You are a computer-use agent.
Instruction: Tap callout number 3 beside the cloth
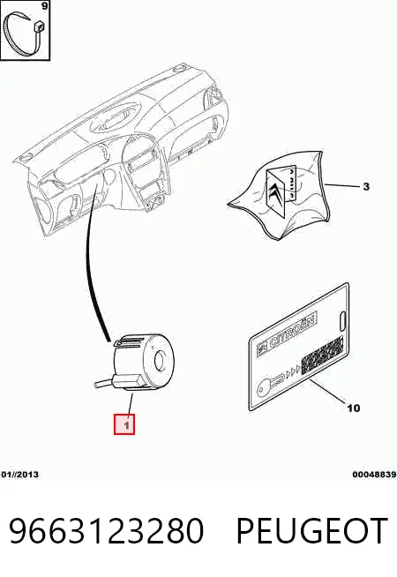click(x=366, y=186)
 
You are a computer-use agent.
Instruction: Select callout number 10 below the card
click(x=353, y=408)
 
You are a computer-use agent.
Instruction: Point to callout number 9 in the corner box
click(x=44, y=6)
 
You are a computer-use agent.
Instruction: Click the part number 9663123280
click(x=106, y=530)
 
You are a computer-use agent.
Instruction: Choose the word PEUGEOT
click(x=311, y=530)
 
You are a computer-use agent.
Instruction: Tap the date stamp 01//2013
click(x=19, y=475)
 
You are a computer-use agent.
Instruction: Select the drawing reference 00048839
click(x=374, y=475)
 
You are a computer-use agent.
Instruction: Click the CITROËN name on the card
click(x=293, y=333)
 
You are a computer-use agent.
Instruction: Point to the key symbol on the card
click(x=272, y=383)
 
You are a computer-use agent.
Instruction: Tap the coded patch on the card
click(x=322, y=356)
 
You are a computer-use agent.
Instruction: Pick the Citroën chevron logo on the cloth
click(x=276, y=195)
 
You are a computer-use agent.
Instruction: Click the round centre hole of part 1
click(x=161, y=360)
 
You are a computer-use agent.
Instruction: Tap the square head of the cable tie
click(x=39, y=26)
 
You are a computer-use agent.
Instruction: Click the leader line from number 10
click(x=328, y=391)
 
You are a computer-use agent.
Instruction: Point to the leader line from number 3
click(x=341, y=185)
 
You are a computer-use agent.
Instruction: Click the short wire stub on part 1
click(x=104, y=384)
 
